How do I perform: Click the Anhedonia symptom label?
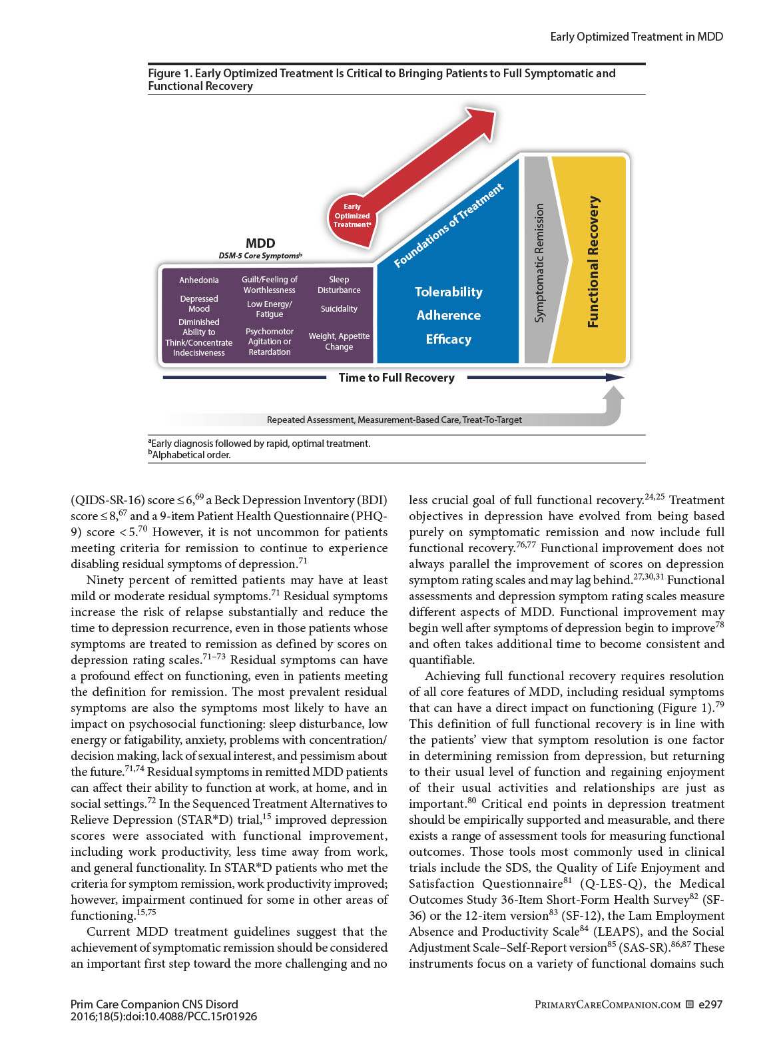pyautogui.click(x=198, y=280)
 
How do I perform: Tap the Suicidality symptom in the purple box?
pyautogui.click(x=339, y=309)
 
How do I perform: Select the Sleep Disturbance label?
pyautogui.click(x=339, y=285)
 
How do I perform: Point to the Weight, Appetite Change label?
pyautogui.click(x=339, y=342)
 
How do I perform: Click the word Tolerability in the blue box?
pyautogui.click(x=448, y=292)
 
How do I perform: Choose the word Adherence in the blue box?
pyautogui.click(x=448, y=316)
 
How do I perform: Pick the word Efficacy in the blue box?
pyautogui.click(x=448, y=340)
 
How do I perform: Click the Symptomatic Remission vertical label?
pyautogui.click(x=539, y=262)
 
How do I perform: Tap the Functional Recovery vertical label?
pyautogui.click(x=593, y=262)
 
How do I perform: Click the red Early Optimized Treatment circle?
pyautogui.click(x=352, y=216)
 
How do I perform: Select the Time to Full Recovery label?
pyautogui.click(x=396, y=378)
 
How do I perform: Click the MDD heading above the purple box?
pyautogui.click(x=260, y=244)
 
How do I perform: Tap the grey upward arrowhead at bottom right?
pyautogui.click(x=613, y=397)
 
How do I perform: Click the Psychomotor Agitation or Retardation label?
pyautogui.click(x=270, y=342)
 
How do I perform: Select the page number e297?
pyautogui.click(x=710, y=1004)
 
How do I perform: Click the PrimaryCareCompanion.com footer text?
pyautogui.click(x=607, y=1004)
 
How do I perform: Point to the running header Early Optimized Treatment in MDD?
pyautogui.click(x=636, y=37)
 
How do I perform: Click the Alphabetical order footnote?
pyautogui.click(x=190, y=455)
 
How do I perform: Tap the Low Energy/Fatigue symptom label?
pyautogui.click(x=270, y=309)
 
